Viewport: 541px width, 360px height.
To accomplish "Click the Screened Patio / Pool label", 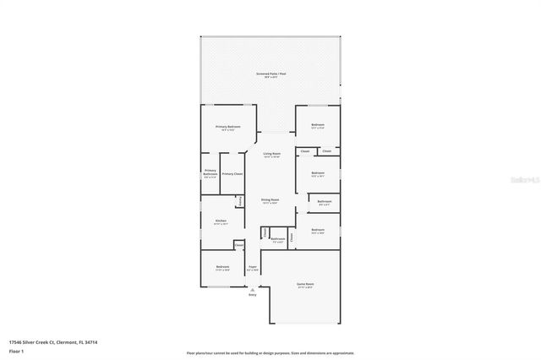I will coord(270,74).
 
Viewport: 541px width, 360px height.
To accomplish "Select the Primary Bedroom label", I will coord(228,127).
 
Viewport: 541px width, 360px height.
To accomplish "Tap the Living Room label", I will coord(271,155).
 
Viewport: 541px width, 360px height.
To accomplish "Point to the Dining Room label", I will coord(270,201).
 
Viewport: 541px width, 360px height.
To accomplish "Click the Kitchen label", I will coord(221,221).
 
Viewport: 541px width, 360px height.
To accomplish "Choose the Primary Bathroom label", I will coord(210,173).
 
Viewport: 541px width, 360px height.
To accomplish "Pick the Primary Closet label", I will coord(232,173).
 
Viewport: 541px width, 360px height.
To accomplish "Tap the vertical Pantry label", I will coord(241,201).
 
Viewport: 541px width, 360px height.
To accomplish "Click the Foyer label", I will coord(252,268).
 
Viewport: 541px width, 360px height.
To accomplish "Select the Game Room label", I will coord(305,284).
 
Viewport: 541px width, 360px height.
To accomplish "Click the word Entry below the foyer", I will coord(252,295).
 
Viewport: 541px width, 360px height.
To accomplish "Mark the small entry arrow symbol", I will coord(252,289).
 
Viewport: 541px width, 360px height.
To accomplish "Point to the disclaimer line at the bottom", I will coord(270,352).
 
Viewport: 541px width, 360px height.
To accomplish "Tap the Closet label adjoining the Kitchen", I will coord(239,246).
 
